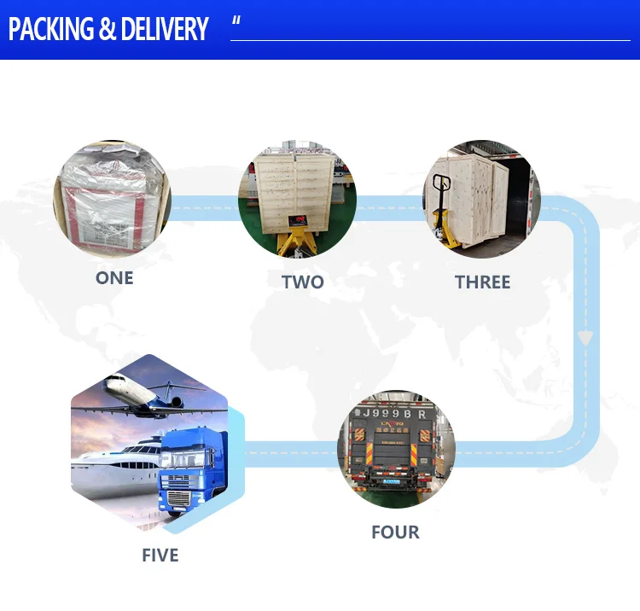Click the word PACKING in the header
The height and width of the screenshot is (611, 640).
(x=51, y=30)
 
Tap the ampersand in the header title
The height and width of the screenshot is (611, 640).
(x=108, y=30)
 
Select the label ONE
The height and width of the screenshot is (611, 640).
(x=114, y=278)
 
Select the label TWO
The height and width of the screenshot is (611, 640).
(x=303, y=282)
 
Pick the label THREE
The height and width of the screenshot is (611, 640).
(x=482, y=282)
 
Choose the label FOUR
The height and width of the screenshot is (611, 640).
(x=395, y=532)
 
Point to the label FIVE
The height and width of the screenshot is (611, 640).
(x=160, y=556)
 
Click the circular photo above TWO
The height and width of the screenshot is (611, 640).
(x=297, y=201)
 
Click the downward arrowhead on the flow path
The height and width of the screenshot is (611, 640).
(x=585, y=338)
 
